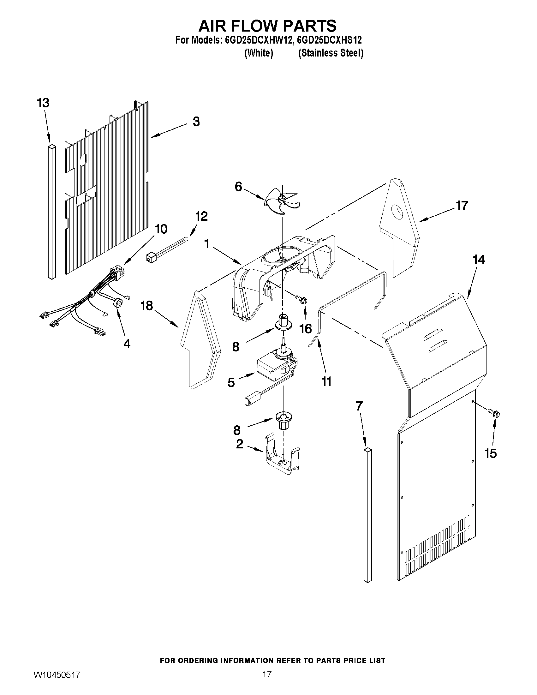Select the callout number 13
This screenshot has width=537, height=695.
pos(43,104)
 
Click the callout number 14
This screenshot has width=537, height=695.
pos(479,260)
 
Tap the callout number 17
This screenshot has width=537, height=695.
pos(462,206)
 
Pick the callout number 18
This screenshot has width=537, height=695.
pos(147,306)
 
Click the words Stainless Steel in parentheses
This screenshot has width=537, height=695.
pos(331,53)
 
